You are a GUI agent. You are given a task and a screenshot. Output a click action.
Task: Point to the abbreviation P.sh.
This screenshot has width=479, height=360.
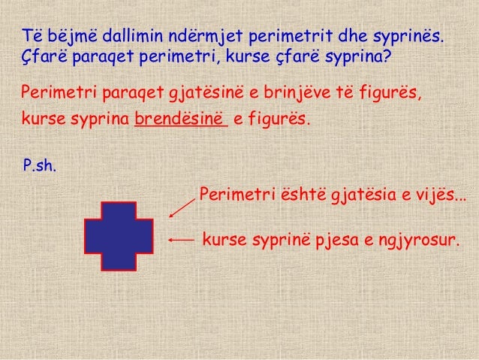point(40,165)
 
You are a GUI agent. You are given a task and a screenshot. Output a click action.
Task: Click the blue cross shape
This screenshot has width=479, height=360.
point(119,235)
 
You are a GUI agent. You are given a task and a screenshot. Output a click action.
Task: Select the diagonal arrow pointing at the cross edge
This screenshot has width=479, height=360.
point(182,205)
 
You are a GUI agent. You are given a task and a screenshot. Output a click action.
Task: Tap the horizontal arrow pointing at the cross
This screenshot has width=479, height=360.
point(182,240)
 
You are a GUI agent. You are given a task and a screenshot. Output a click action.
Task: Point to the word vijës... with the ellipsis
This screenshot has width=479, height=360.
point(439,197)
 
